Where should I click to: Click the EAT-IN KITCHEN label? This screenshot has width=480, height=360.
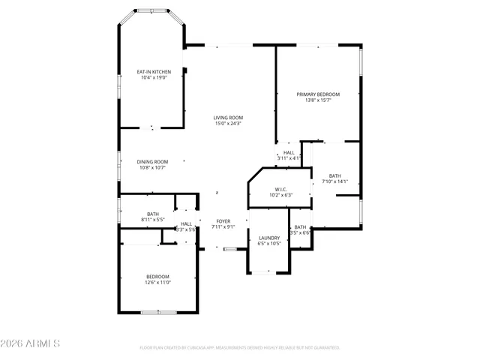(x=153, y=72)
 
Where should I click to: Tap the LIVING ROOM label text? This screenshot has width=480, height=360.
(x=228, y=118)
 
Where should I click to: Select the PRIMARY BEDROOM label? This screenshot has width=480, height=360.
(x=318, y=94)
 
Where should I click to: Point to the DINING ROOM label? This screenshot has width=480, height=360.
(x=152, y=162)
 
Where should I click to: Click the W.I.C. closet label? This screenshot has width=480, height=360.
(x=280, y=189)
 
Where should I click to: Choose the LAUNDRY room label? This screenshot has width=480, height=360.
(x=269, y=238)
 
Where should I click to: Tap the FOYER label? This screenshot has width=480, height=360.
(x=223, y=221)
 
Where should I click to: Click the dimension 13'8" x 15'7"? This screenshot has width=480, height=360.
(x=318, y=100)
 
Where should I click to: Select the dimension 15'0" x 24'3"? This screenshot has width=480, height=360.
(x=228, y=124)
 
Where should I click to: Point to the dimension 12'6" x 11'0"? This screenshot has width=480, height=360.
(x=158, y=283)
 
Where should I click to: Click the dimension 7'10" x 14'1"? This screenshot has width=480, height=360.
(x=334, y=181)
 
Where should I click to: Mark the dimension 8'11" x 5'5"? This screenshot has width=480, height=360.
(x=153, y=220)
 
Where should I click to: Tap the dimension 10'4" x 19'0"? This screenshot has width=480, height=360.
(x=153, y=77)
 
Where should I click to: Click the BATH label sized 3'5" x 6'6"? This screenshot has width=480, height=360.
(x=300, y=227)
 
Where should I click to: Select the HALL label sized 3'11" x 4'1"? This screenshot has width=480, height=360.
(x=289, y=152)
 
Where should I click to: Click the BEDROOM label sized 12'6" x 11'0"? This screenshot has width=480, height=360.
(x=158, y=277)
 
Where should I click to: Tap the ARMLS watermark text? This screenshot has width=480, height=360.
(x=31, y=343)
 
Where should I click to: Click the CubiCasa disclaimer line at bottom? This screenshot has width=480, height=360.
(x=240, y=348)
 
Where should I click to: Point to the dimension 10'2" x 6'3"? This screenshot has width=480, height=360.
(x=280, y=195)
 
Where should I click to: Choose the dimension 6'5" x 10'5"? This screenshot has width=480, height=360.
(x=269, y=243)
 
